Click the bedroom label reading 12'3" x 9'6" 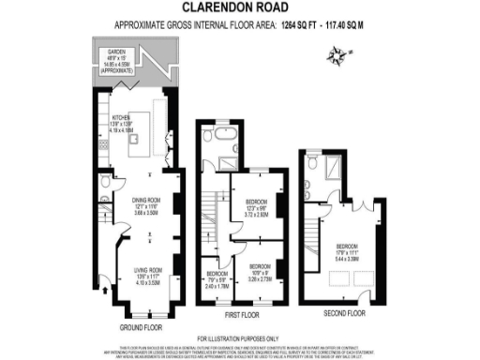259,207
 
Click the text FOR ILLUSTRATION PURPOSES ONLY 239,338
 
